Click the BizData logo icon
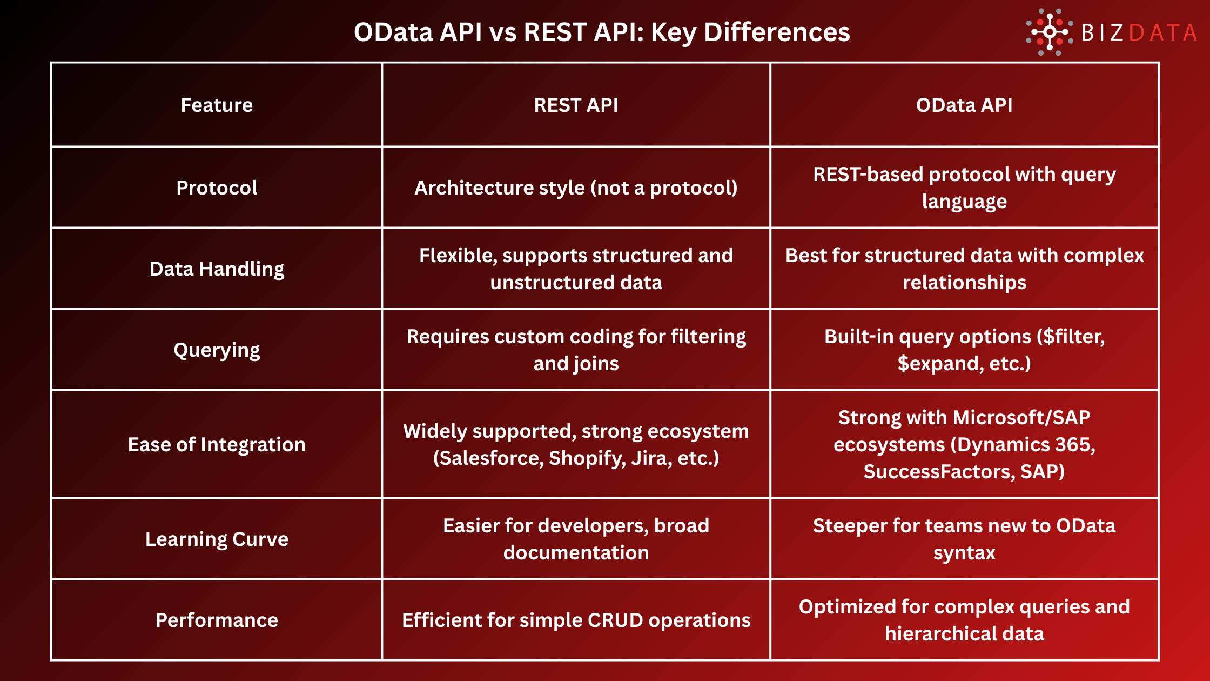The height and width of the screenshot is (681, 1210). pyautogui.click(x=1049, y=32)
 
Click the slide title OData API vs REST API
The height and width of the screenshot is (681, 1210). pyautogui.click(x=602, y=32)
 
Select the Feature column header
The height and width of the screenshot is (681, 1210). pyautogui.click(x=217, y=105)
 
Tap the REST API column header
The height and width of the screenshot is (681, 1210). pyautogui.click(x=576, y=105)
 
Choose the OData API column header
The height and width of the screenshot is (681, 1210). pyautogui.click(x=964, y=105)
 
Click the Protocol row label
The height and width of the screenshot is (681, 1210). pyautogui.click(x=217, y=188)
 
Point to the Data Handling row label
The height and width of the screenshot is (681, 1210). pyautogui.click(x=217, y=269)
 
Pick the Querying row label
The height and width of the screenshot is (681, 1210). pyautogui.click(x=217, y=350)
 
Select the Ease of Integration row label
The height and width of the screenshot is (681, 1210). pyautogui.click(x=217, y=444)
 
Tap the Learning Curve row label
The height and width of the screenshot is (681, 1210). pyautogui.click(x=217, y=539)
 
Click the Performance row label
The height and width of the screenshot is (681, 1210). pyautogui.click(x=217, y=620)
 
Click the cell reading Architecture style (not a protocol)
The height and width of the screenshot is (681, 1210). pyautogui.click(x=576, y=188)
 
